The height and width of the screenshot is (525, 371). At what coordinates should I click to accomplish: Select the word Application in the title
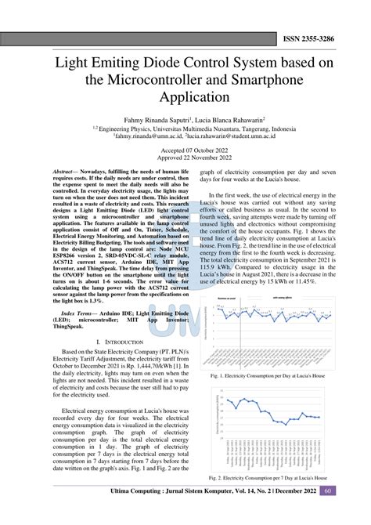[185, 96]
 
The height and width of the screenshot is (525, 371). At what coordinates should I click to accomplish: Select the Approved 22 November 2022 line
[185, 157]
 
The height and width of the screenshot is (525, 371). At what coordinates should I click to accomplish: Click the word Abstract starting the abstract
[63, 171]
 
